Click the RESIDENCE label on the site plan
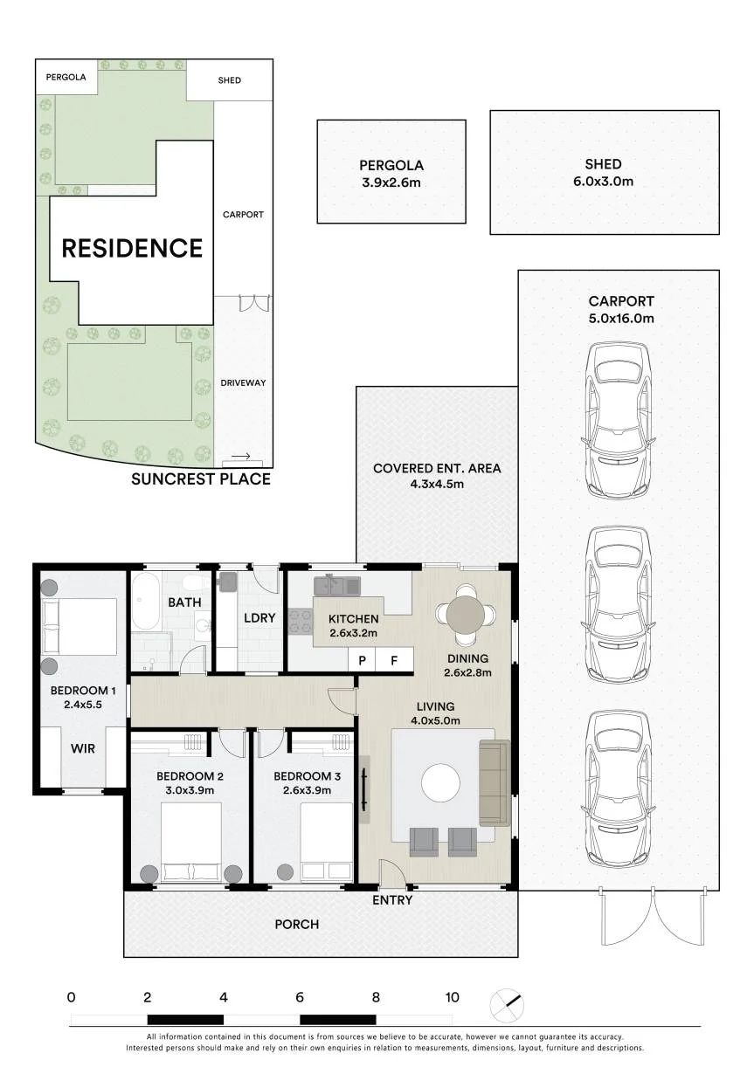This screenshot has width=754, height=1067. [x=132, y=248]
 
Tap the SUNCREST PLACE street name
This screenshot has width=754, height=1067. [x=201, y=478]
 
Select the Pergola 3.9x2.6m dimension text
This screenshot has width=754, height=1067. [x=391, y=182]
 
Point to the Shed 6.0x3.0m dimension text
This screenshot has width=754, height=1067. [x=603, y=181]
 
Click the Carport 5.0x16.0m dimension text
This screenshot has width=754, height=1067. [x=621, y=318]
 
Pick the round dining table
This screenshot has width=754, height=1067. [x=465, y=615]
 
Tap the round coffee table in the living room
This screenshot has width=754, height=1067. [x=441, y=782]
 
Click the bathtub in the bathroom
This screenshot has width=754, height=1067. [x=146, y=601]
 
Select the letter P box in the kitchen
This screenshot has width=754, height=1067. [x=362, y=660]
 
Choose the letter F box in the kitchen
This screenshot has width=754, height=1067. [x=394, y=660]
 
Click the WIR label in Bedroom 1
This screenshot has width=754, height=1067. [x=82, y=748]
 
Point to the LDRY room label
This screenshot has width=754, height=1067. [x=259, y=618]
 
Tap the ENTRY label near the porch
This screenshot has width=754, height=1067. [x=392, y=900]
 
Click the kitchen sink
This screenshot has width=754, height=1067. [x=337, y=585]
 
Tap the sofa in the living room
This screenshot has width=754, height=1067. [x=495, y=782]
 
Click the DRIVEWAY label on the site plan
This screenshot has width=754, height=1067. [x=243, y=382]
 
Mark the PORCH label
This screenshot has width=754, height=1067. [x=296, y=924]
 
